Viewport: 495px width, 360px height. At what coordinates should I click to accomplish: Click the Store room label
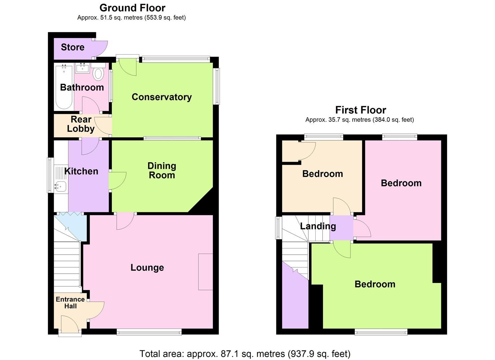[x=72, y=47]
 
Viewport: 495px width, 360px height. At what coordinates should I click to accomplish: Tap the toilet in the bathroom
[x=98, y=73]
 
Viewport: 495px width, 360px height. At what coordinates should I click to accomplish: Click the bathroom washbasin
[x=82, y=68]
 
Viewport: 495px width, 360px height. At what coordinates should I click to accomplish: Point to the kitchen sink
[x=61, y=187]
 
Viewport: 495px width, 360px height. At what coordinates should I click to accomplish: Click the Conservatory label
[x=162, y=97]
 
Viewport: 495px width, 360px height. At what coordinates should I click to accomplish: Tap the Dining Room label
[x=162, y=170]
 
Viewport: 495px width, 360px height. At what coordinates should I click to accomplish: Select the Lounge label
[x=147, y=267]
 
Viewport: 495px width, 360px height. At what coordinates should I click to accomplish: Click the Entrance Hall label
[x=70, y=303]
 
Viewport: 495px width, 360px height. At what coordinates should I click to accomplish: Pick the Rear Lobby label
[x=81, y=124]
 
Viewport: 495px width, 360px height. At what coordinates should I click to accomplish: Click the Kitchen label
[x=81, y=171]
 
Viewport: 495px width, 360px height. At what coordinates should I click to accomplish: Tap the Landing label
[x=318, y=226]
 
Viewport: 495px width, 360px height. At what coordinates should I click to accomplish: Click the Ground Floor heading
[x=132, y=8]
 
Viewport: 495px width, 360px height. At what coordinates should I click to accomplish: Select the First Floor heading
[x=360, y=110]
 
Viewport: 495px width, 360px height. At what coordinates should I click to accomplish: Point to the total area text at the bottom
[x=245, y=353]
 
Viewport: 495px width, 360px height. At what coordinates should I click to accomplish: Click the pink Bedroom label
[x=401, y=183]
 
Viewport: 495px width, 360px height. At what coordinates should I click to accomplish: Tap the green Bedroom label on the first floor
[x=375, y=284]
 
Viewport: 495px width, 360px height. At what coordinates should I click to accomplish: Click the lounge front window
[x=149, y=332]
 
